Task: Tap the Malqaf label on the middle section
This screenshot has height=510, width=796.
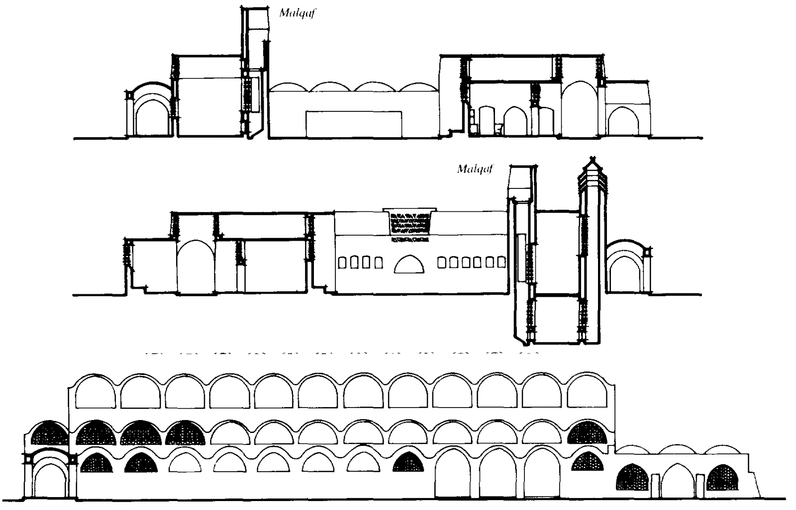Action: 475,169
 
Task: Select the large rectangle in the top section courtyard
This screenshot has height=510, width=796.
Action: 354,124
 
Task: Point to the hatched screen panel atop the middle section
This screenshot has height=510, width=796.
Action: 409,222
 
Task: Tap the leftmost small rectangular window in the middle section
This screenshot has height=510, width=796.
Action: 343,262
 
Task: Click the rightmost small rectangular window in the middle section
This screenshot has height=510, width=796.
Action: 501,262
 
